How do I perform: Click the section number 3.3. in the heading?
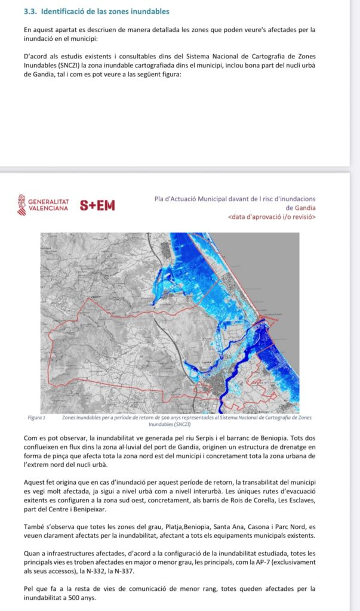tap(30, 11)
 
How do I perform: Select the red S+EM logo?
tap(97, 206)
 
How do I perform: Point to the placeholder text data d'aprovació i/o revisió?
tap(272, 217)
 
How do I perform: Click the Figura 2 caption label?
tap(38, 417)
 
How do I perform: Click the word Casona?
tap(233, 527)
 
